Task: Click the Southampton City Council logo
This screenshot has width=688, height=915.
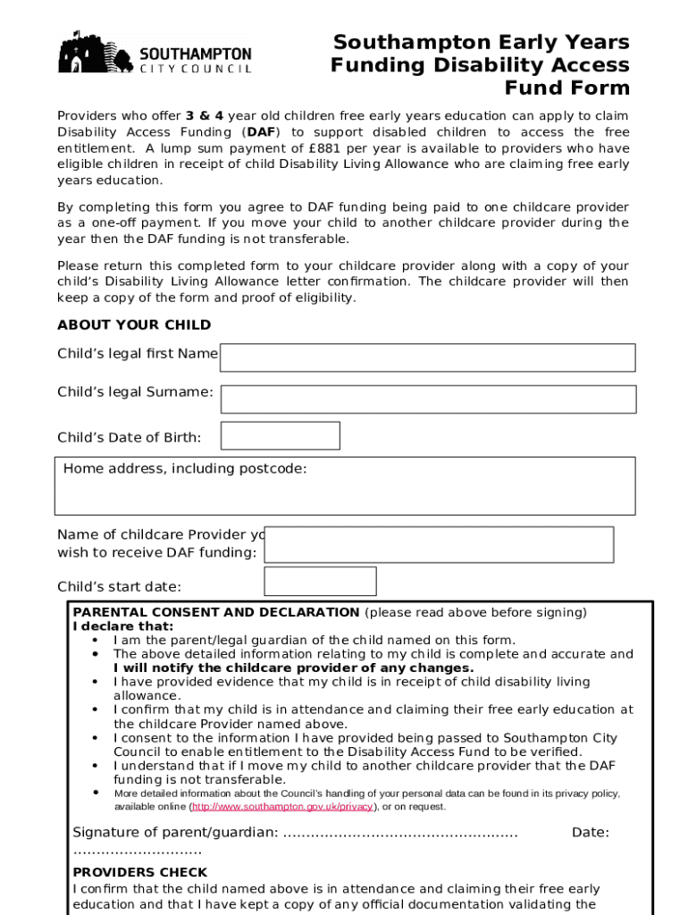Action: tap(155, 53)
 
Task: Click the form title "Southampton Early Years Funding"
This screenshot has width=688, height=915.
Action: tap(481, 54)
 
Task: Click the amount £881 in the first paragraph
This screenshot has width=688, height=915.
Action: tap(321, 148)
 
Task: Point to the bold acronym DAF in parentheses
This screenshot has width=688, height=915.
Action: tap(262, 132)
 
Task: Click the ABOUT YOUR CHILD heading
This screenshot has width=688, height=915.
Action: tap(134, 325)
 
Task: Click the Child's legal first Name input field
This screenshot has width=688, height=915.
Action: tap(427, 357)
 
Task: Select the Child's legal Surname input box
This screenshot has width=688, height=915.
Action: tap(428, 399)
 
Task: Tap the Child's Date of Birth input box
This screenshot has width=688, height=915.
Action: tap(280, 436)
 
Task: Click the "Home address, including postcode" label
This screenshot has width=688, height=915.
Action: tap(185, 469)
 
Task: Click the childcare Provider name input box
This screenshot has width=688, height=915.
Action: tap(439, 544)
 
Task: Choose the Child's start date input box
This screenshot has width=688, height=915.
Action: tap(320, 582)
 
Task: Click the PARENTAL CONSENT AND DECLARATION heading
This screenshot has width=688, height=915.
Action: tap(216, 613)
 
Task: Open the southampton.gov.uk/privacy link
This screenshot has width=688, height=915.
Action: tap(281, 807)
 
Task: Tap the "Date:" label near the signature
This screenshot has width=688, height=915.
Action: tap(590, 833)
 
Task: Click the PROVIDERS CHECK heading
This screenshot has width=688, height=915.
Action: tap(140, 873)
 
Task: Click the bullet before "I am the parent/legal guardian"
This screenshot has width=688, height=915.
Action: tap(95, 640)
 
